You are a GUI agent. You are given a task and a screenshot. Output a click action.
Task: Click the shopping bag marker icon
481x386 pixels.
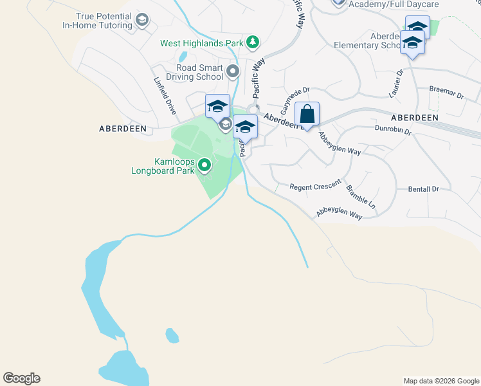click(307, 115)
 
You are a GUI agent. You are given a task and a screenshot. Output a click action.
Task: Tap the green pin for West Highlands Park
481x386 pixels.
click(253, 43)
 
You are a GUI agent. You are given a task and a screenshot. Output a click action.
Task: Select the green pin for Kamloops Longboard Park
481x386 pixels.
click(204, 166)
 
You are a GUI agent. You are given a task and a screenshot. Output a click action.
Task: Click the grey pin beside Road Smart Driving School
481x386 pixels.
click(232, 71)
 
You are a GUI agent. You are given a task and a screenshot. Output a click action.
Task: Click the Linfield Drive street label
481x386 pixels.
click(165, 96)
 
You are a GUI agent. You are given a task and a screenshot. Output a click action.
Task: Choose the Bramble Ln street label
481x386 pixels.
click(361, 198)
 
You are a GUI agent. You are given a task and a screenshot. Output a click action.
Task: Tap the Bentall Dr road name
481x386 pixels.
click(423, 189)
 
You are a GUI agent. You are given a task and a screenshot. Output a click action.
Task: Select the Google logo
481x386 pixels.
click(21, 378)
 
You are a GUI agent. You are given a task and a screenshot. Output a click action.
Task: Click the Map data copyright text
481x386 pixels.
click(441, 381)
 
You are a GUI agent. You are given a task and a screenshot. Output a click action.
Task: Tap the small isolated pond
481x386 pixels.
click(172, 335)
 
